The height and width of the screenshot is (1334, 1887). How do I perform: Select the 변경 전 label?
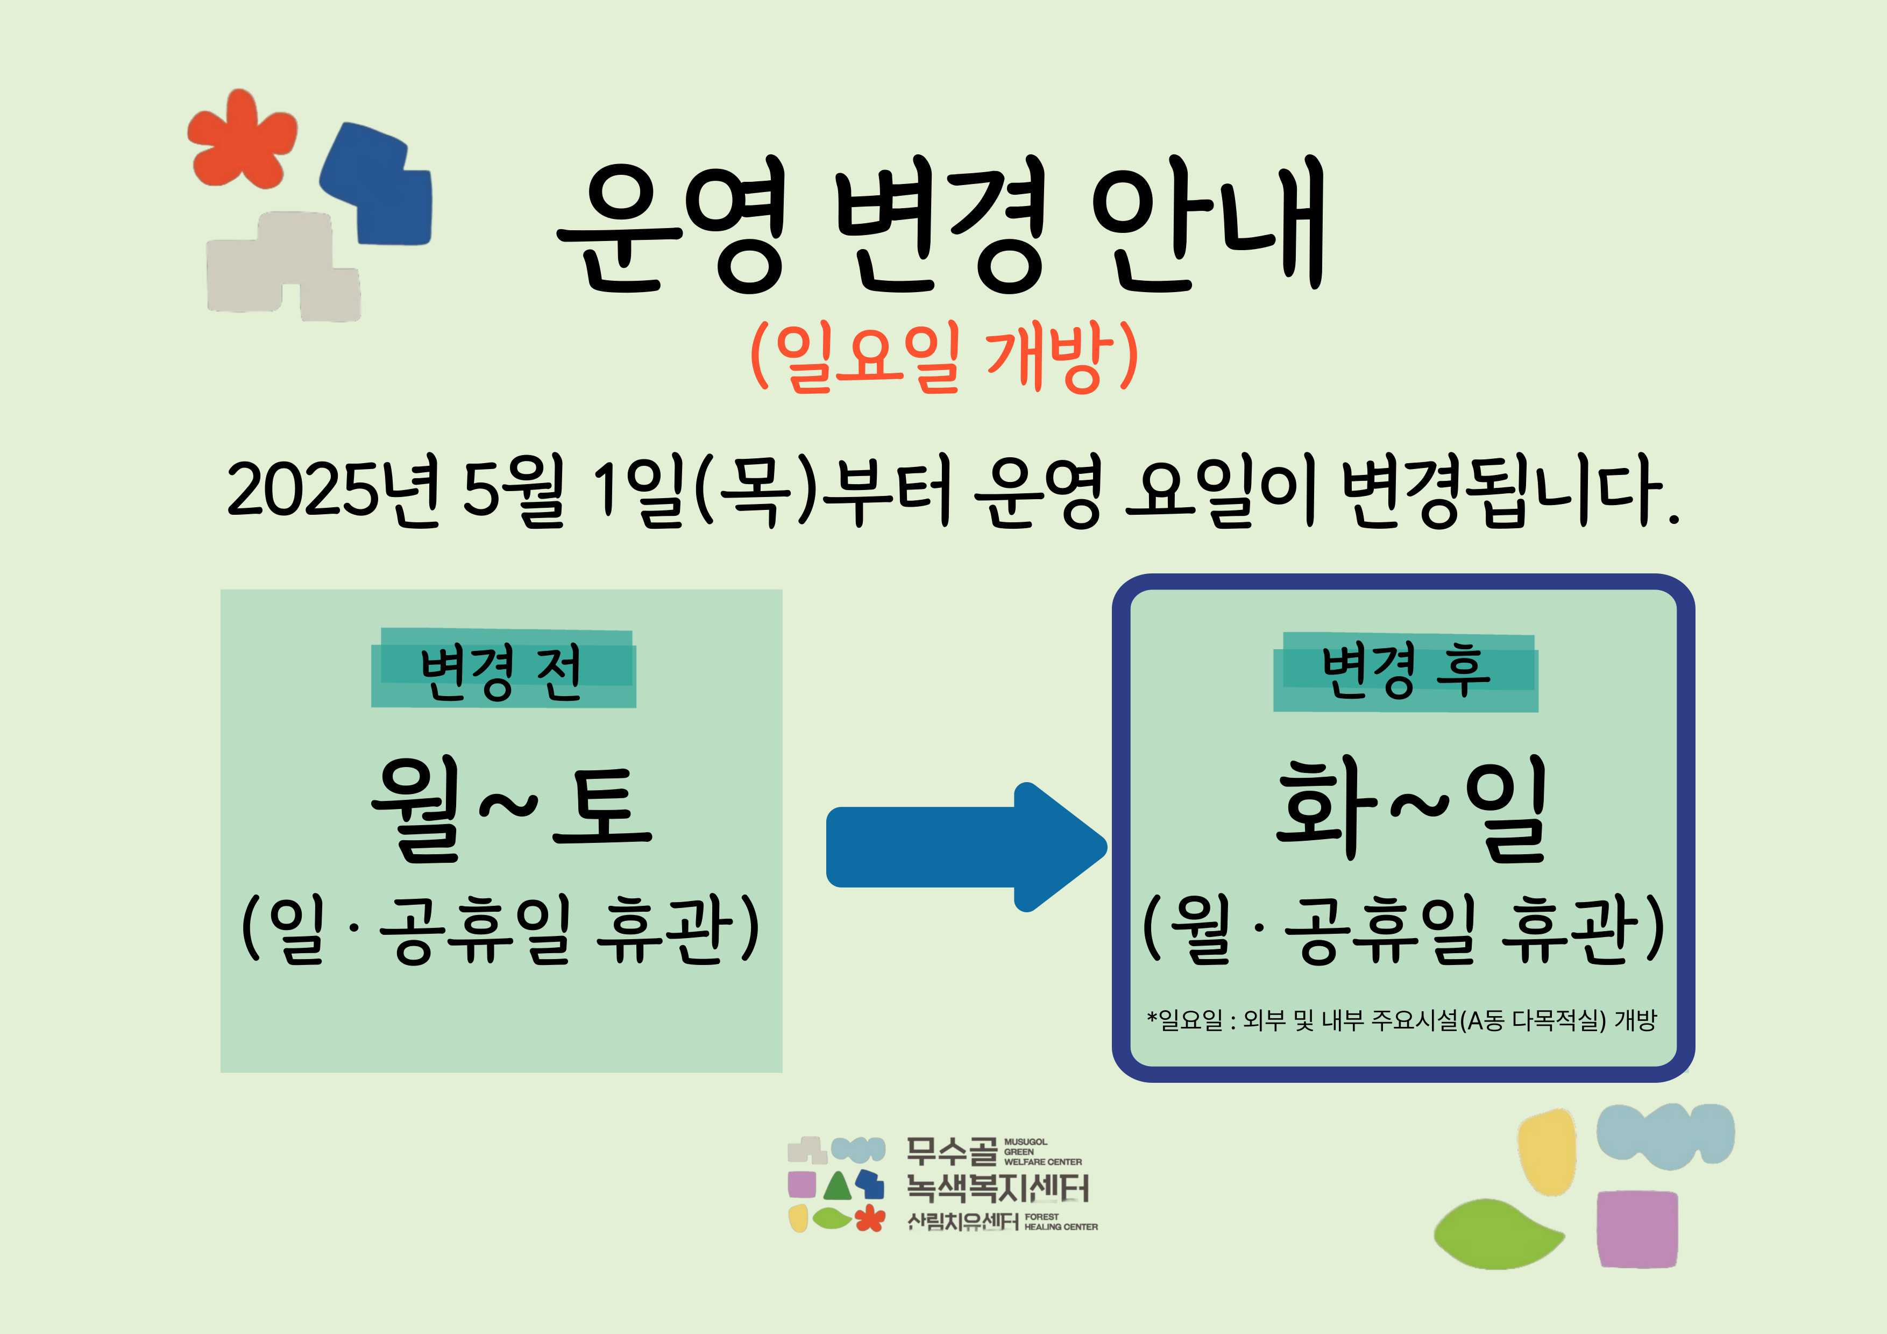tap(501, 671)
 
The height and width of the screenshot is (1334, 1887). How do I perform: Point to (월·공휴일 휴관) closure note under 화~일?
tap(1404, 929)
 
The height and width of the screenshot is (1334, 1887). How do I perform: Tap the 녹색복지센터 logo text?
tap(997, 1188)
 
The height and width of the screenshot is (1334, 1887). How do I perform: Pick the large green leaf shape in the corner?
tap(1498, 1233)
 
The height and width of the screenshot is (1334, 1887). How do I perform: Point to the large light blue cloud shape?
tap(1664, 1134)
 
